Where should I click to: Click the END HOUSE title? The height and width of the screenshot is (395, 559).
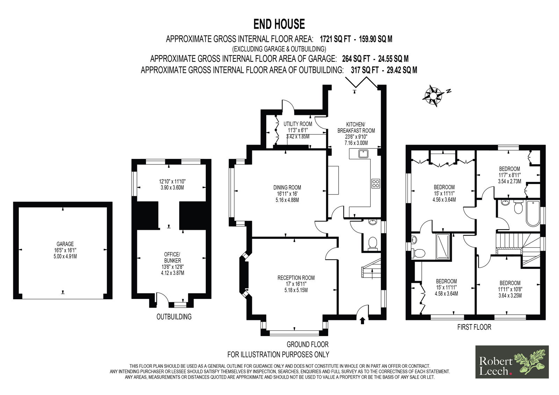(279, 24)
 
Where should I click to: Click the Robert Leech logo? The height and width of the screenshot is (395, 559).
(512, 362)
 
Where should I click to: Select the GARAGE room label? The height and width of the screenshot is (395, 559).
(65, 244)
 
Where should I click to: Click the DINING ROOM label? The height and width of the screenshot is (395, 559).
(287, 188)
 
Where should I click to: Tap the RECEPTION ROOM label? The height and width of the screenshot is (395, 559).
(296, 278)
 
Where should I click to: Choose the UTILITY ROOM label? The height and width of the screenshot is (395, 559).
(298, 124)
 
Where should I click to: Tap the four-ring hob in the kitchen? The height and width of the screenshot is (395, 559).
(376, 183)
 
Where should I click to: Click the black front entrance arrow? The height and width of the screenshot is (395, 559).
(363, 321)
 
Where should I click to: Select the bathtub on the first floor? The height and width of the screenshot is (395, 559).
(533, 213)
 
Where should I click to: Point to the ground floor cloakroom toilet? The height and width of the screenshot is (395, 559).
(372, 243)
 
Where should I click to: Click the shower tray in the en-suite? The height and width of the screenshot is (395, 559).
(443, 246)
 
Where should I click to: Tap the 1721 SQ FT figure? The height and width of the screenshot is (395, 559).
(335, 39)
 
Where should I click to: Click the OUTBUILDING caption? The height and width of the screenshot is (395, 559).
(174, 317)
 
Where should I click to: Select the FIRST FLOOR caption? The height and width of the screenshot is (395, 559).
(474, 327)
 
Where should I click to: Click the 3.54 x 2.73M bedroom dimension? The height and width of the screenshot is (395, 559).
(510, 181)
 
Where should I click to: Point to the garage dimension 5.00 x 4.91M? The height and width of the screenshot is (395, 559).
(65, 256)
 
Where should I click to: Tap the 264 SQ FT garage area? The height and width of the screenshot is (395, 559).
(356, 59)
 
